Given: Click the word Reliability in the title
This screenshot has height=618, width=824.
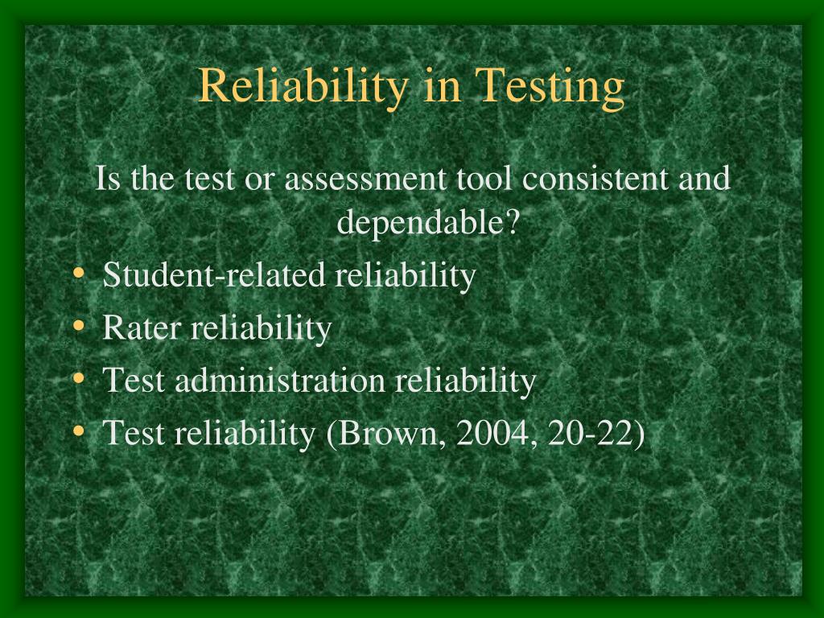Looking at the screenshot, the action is [303, 86].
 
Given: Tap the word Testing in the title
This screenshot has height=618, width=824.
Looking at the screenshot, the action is [550, 86].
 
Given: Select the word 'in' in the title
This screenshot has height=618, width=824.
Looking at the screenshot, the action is [442, 86].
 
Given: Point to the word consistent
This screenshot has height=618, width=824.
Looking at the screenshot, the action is [595, 178].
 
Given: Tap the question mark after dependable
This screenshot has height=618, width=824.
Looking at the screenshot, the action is [512, 222].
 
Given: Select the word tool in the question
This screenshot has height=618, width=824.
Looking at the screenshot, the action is [484, 178].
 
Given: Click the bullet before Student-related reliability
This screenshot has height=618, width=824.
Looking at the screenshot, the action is [79, 273].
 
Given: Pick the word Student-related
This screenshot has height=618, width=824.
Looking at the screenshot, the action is [214, 274].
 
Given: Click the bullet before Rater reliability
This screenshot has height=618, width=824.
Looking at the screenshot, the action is [79, 326].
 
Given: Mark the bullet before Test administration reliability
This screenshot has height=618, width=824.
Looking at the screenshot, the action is [79, 378].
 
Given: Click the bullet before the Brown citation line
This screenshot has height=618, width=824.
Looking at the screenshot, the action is [79, 431].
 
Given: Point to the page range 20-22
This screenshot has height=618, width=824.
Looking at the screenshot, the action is [589, 433].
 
